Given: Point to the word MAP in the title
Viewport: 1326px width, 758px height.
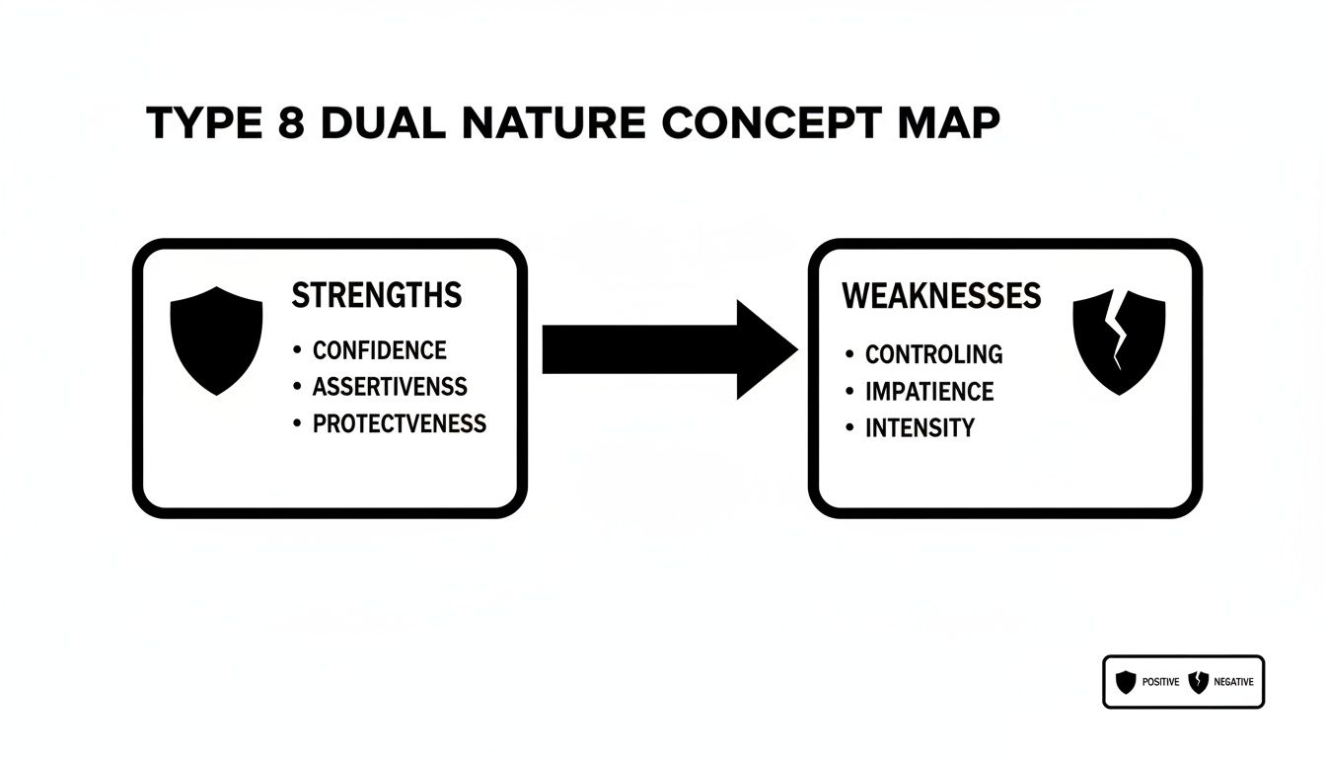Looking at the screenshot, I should coord(941,122).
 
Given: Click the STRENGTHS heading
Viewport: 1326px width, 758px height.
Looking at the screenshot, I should coord(377,295).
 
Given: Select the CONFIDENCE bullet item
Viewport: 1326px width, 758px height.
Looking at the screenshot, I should coord(379,350).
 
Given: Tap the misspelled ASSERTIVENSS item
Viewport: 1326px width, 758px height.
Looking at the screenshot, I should coord(390,387).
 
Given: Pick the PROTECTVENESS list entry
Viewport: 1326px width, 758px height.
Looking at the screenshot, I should coord(399,423).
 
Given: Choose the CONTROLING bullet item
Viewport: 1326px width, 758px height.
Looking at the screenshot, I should coord(933,353).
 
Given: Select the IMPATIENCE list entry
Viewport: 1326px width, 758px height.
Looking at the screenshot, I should coord(929,391).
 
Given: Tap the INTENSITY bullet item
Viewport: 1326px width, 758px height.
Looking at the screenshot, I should coord(920,428).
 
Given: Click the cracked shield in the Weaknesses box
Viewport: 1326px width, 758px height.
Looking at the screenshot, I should coord(1119,341).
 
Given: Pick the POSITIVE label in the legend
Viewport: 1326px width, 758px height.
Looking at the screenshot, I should coord(1160,682).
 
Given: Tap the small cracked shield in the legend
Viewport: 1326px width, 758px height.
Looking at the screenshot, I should coord(1198,681).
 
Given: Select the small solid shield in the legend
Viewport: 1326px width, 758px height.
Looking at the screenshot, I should coord(1126,681).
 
